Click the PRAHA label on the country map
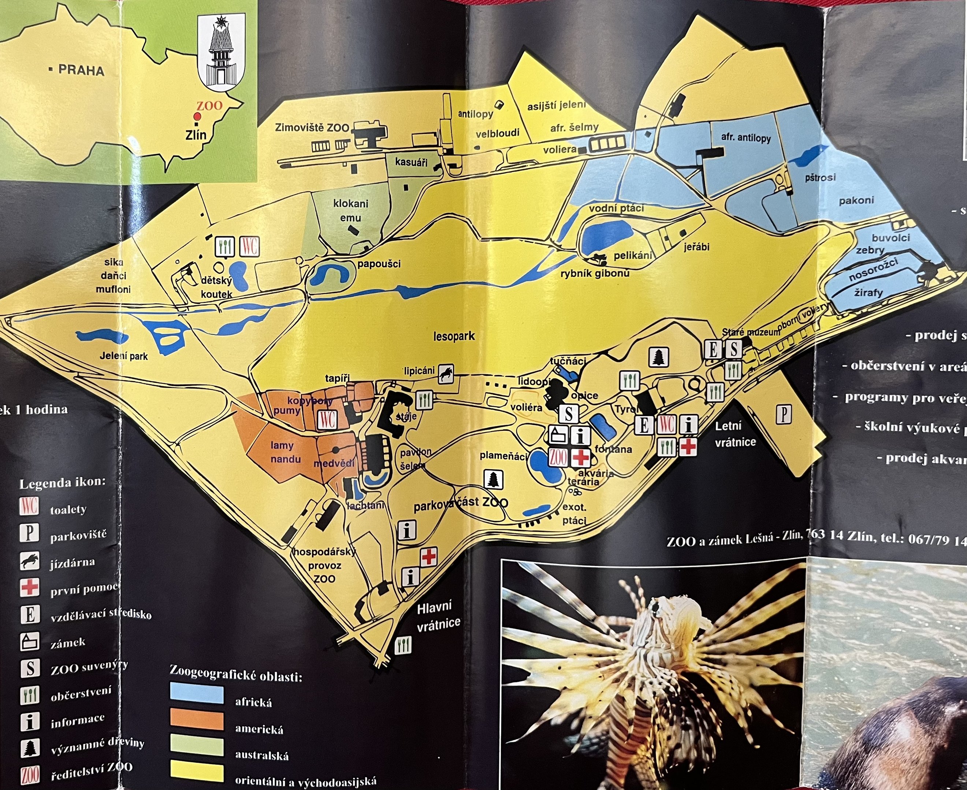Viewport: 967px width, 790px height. click(81, 71)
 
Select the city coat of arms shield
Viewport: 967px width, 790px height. click(222, 52)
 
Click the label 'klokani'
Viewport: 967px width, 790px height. click(350, 203)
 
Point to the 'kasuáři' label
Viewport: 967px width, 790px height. click(411, 162)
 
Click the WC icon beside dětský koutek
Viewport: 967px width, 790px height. click(250, 246)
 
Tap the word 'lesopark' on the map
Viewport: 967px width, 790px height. click(454, 336)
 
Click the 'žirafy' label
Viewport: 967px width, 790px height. click(868, 293)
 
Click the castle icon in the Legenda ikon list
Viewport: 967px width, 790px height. click(30, 641)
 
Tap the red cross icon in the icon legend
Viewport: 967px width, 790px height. click(30, 587)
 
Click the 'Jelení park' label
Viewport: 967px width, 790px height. click(123, 356)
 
